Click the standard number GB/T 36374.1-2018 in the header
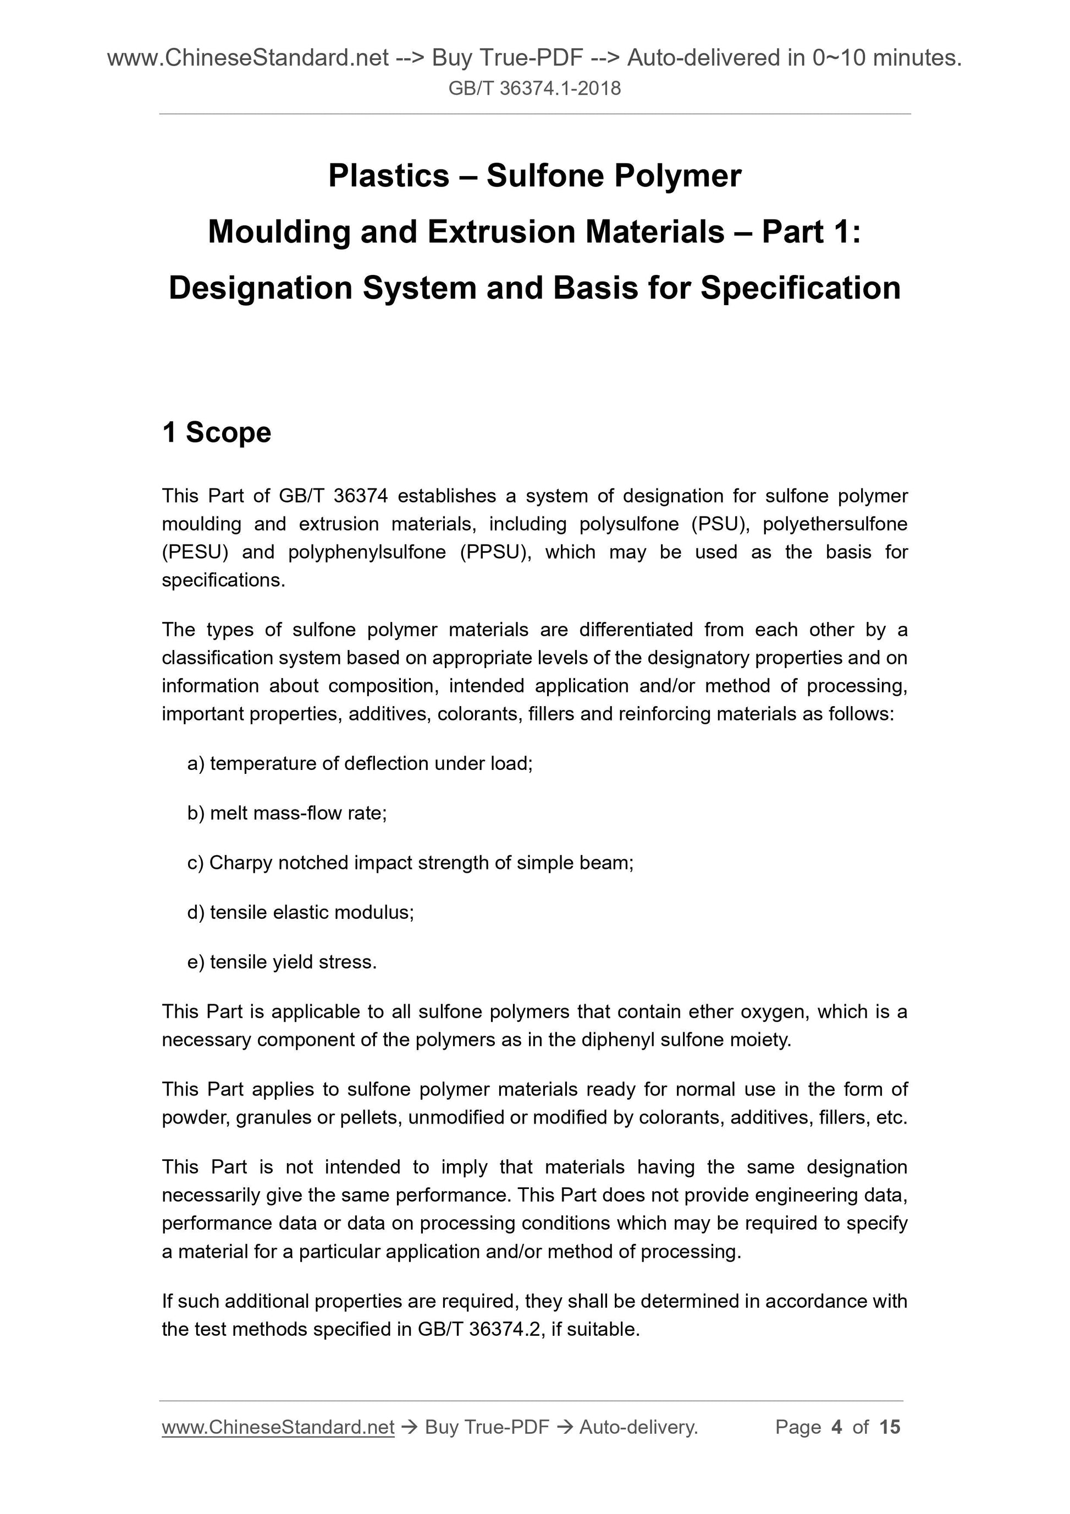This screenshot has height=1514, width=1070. (x=534, y=89)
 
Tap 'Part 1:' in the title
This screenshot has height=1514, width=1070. (x=810, y=232)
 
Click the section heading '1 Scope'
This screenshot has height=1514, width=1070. (x=216, y=433)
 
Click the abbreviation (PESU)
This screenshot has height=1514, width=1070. (x=195, y=552)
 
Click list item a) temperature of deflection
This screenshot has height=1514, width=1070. (x=360, y=763)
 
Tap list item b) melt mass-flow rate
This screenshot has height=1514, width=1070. (x=287, y=813)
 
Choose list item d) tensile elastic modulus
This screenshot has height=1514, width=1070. (x=301, y=912)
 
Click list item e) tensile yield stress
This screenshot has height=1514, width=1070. (x=282, y=962)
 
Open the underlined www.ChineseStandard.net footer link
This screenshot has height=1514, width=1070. (x=278, y=1428)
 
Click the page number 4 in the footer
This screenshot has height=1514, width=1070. (x=837, y=1428)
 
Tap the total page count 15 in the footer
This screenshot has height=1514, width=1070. (x=889, y=1428)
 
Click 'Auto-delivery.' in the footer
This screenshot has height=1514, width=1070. (x=638, y=1428)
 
